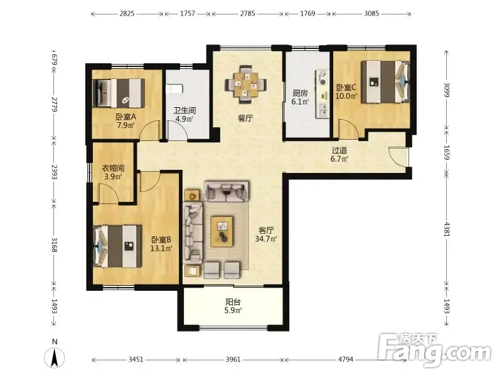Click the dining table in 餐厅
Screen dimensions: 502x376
245,85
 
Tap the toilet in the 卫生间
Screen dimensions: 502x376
174,88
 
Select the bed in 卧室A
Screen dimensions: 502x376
119,93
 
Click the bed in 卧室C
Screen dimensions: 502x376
385,81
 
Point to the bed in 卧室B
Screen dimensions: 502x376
117,246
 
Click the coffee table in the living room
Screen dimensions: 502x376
222,231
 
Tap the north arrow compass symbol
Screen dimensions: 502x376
55,355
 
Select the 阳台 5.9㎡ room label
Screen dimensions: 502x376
233,306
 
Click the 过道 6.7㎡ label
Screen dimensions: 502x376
339,154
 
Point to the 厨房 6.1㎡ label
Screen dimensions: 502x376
301,98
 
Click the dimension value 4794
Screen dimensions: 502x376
346,359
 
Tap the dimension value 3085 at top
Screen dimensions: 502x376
371,13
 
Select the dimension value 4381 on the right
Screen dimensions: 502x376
447,229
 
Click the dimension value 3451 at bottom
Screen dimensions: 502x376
136,359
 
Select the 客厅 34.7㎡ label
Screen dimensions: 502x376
265,234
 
